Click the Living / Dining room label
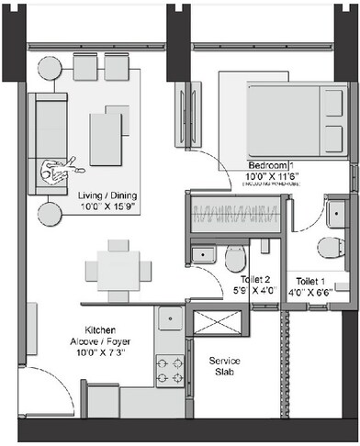(x=107, y=195)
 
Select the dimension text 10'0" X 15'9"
(x=107, y=207)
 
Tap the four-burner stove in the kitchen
(x=170, y=370)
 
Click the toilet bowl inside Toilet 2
(x=235, y=259)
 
